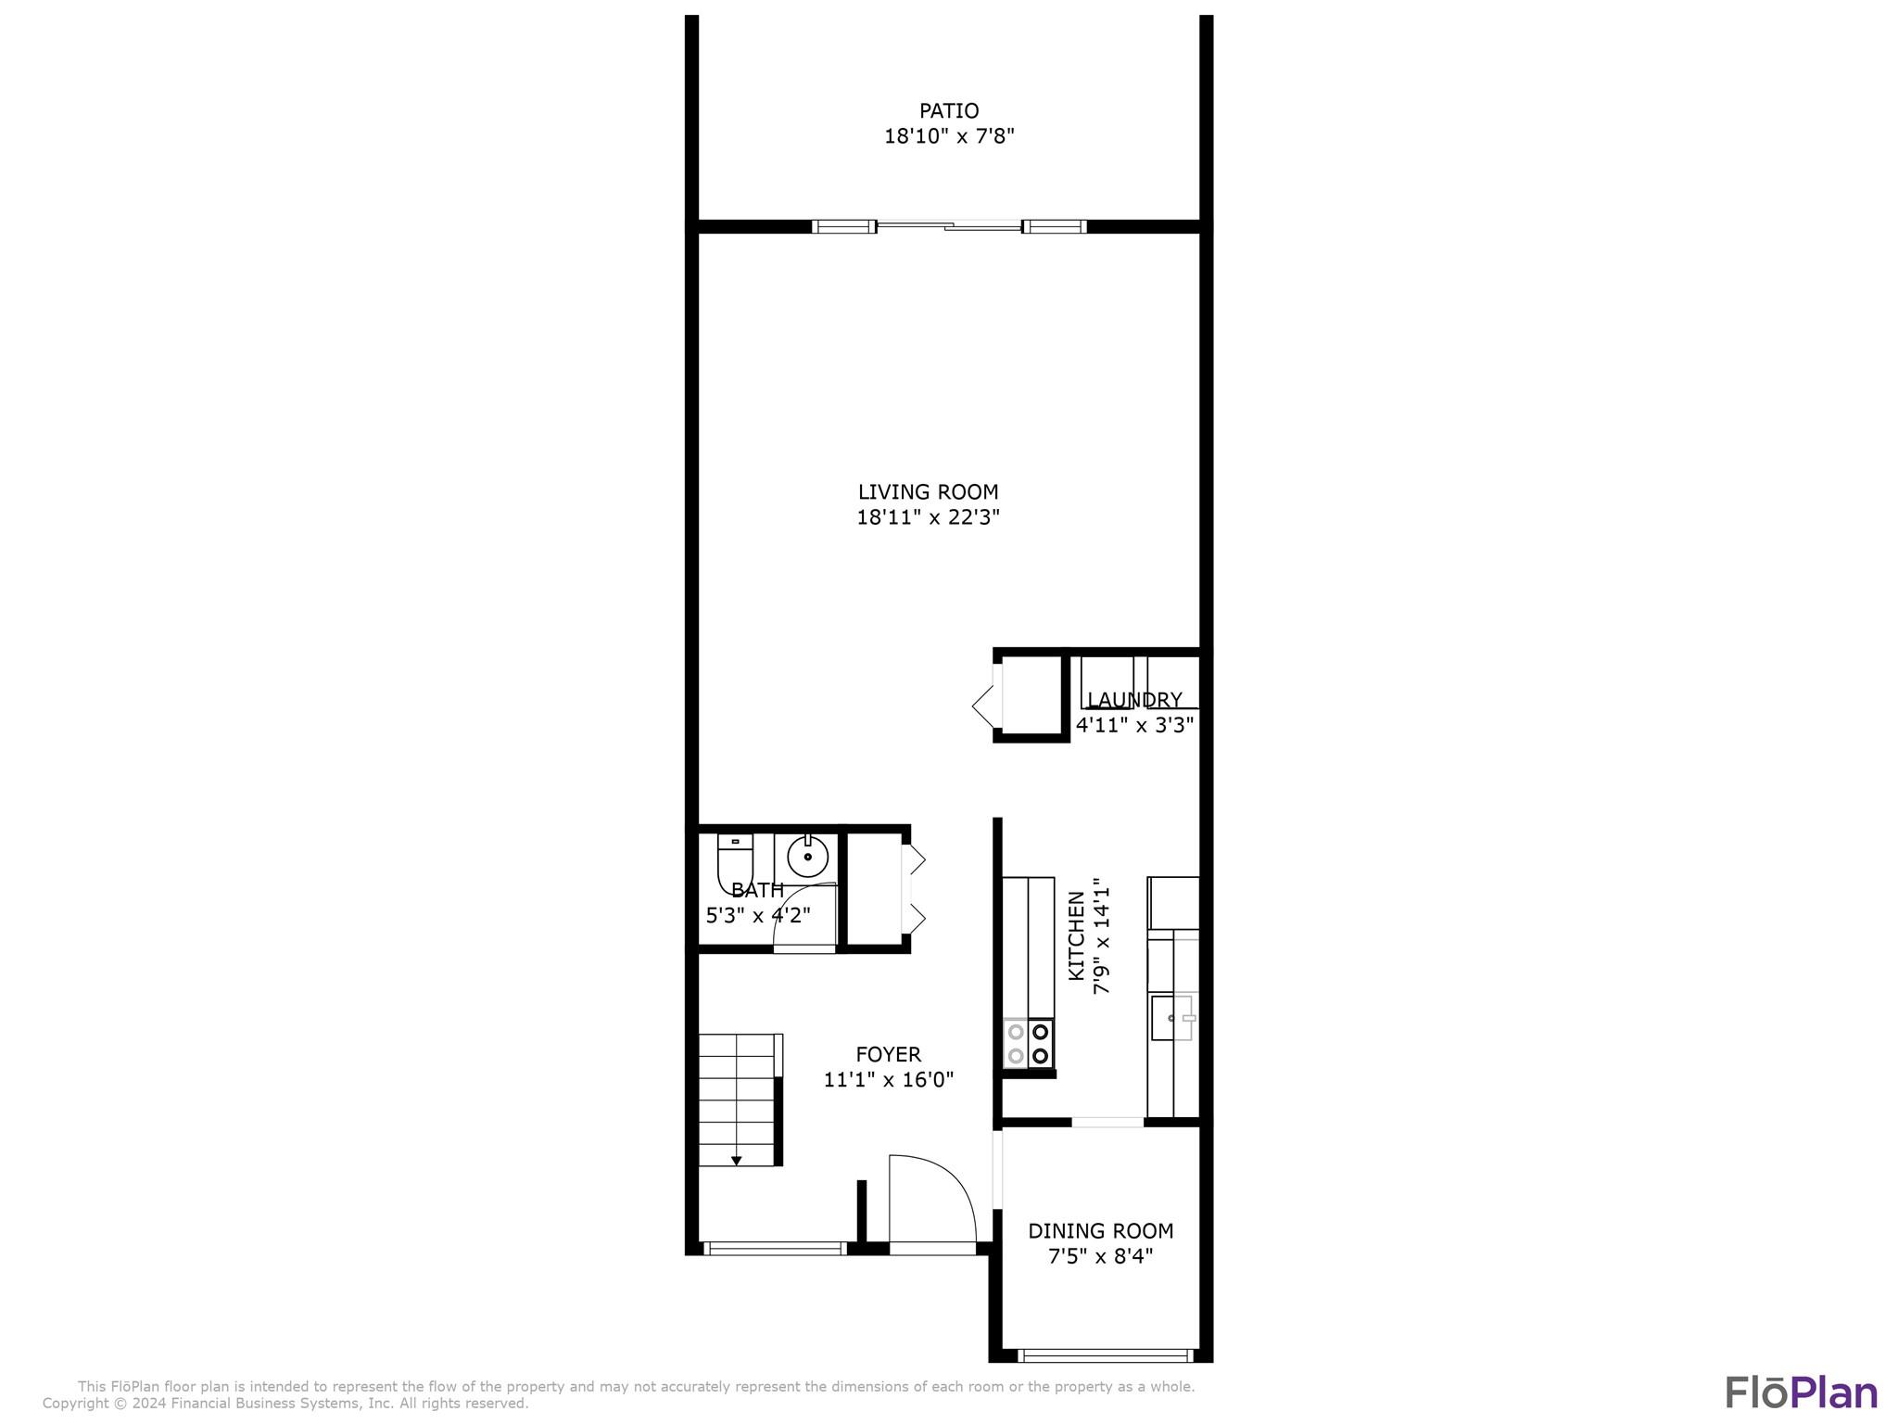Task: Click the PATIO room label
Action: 949,111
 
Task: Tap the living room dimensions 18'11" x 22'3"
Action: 928,517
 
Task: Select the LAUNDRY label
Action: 1134,700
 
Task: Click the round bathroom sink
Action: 808,857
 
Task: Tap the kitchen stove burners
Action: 1029,1043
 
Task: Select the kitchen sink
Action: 1172,1018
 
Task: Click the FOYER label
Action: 888,1055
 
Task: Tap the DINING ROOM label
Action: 1101,1231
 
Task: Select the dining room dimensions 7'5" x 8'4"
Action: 1101,1257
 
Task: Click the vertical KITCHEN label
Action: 1076,935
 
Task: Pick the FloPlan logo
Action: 1802,1393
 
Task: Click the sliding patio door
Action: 949,225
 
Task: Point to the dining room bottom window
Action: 1104,1355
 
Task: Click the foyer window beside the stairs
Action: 775,1249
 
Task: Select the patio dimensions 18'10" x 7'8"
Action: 949,136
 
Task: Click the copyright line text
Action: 285,1404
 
